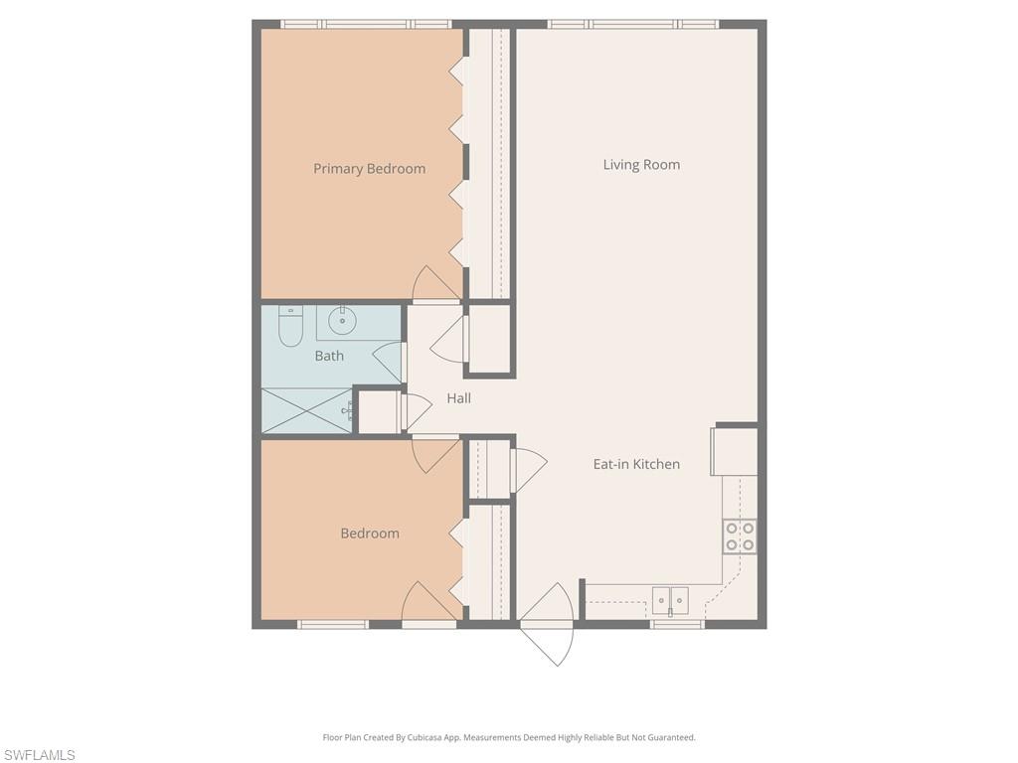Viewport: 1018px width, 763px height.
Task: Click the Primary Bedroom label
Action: click(369, 169)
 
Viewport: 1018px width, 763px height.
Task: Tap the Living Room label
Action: click(641, 165)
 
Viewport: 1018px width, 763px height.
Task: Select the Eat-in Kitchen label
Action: click(636, 464)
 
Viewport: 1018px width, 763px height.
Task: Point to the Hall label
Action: click(458, 398)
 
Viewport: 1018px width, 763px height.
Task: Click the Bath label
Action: click(329, 356)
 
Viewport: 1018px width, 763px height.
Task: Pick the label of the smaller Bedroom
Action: click(370, 534)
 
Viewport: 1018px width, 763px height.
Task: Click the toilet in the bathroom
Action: click(290, 327)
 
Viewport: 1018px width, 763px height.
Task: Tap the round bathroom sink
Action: click(344, 319)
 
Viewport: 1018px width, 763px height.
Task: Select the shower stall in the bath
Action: click(306, 410)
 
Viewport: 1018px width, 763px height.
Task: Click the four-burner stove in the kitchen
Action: click(740, 536)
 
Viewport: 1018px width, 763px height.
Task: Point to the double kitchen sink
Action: click(670, 600)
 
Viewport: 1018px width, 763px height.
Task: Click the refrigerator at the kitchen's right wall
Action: click(735, 452)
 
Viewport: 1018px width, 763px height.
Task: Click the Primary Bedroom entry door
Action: click(435, 285)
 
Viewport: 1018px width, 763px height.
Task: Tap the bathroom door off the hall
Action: click(391, 363)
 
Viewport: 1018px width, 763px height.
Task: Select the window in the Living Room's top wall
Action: click(632, 24)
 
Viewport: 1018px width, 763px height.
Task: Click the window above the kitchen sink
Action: click(677, 624)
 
